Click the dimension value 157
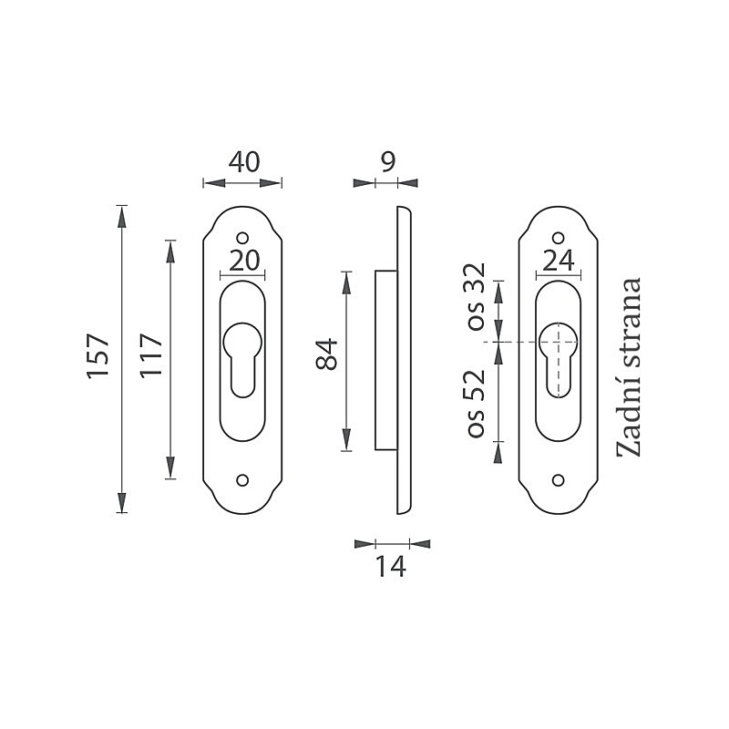[x=98, y=355]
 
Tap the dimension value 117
[x=151, y=355]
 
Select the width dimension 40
[x=244, y=162]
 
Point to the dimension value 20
[x=244, y=261]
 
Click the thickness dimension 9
[x=388, y=162]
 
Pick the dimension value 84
[x=327, y=354]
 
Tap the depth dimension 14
[x=391, y=567]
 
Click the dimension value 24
[x=559, y=261]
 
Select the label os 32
[x=477, y=297]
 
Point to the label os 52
[x=477, y=404]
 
